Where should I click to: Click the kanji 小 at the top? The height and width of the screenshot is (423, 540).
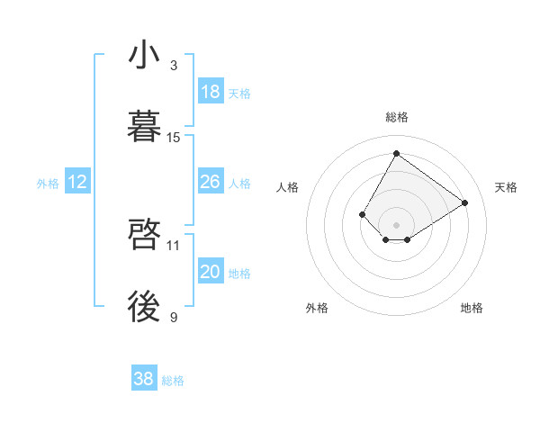pos(144,56)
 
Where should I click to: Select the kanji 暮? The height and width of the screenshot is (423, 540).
pos(144,128)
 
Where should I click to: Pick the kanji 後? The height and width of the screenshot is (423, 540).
pos(144,308)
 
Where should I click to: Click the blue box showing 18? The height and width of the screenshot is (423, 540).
pos(211,92)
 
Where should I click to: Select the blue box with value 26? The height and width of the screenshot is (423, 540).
pos(211,182)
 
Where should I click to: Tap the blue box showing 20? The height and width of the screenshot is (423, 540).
pos(211,272)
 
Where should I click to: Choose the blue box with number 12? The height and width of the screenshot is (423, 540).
pos(77,182)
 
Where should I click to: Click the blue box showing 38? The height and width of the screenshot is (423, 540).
pos(144,379)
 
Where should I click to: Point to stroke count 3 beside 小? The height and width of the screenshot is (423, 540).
pos(174,66)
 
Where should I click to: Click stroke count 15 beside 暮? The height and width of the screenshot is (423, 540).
pos(174,138)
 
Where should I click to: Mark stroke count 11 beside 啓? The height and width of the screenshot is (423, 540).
pos(174,245)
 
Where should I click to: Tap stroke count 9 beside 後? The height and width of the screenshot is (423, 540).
pos(174,317)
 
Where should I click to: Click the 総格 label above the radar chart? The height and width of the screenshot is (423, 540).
pos(396,117)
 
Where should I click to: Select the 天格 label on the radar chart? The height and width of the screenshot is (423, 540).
pos(506,187)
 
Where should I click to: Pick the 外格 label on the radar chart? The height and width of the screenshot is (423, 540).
pos(317,308)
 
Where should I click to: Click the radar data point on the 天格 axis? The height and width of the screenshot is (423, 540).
pos(465,202)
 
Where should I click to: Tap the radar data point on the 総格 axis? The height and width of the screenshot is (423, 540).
pos(396,153)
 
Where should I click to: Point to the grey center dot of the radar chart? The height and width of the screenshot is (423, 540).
pos(396,225)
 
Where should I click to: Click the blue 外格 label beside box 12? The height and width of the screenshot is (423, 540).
pos(48,184)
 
